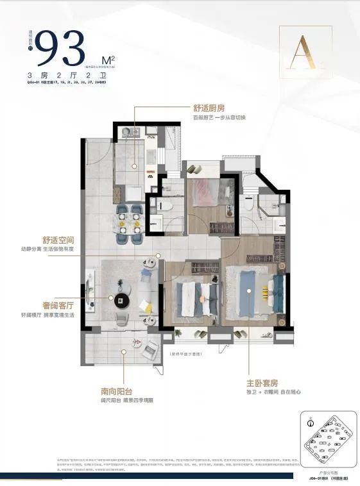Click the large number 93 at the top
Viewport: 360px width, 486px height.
tap(62, 47)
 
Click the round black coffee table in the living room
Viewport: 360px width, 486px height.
tap(122, 300)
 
